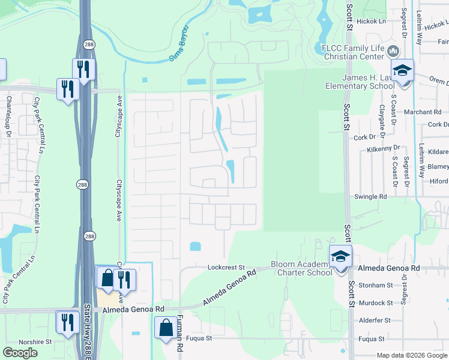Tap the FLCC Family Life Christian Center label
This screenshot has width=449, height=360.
click(352, 52)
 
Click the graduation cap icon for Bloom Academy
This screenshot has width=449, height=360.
click(340, 257)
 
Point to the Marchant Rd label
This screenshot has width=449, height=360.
click(423, 112)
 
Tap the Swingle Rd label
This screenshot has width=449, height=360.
click(370, 196)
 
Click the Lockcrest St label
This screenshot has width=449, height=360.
click(227, 267)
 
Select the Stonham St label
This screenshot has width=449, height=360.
click(375, 286)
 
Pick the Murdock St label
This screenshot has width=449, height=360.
click(375, 303)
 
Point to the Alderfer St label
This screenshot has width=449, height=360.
click(375, 320)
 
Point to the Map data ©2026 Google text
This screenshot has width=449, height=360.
click(412, 355)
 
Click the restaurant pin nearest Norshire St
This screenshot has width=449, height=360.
click(67, 322)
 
